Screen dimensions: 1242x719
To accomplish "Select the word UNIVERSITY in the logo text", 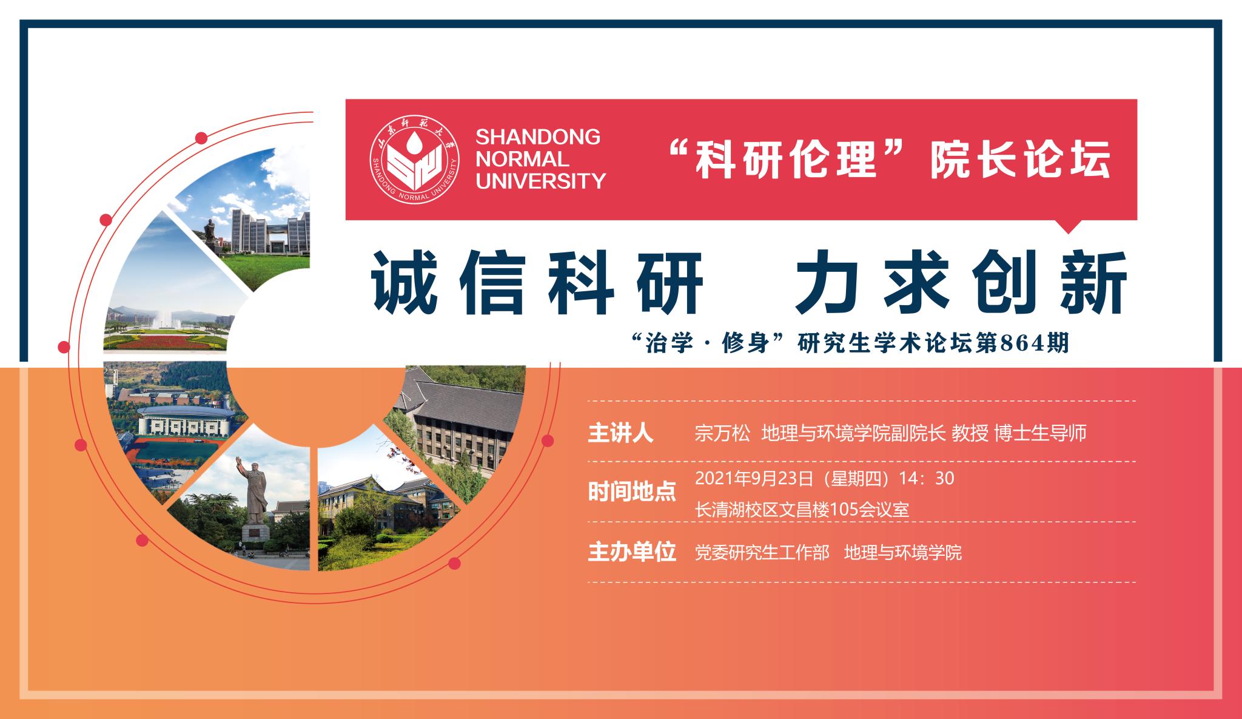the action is pyautogui.click(x=541, y=181).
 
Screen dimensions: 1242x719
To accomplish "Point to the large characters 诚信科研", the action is pyautogui.click(x=537, y=283).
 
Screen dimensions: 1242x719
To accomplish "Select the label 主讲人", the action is pyautogui.click(x=620, y=433).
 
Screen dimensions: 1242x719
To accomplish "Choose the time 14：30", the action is pyautogui.click(x=927, y=479).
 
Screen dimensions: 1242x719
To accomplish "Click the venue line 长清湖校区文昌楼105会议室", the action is pyautogui.click(x=802, y=508).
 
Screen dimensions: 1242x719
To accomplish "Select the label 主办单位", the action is pyautogui.click(x=631, y=553).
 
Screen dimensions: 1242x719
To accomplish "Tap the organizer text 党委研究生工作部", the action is pyautogui.click(x=762, y=553).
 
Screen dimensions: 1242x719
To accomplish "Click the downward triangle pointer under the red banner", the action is pyautogui.click(x=1069, y=226).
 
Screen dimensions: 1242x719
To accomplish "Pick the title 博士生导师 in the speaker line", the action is pyautogui.click(x=1041, y=433).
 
